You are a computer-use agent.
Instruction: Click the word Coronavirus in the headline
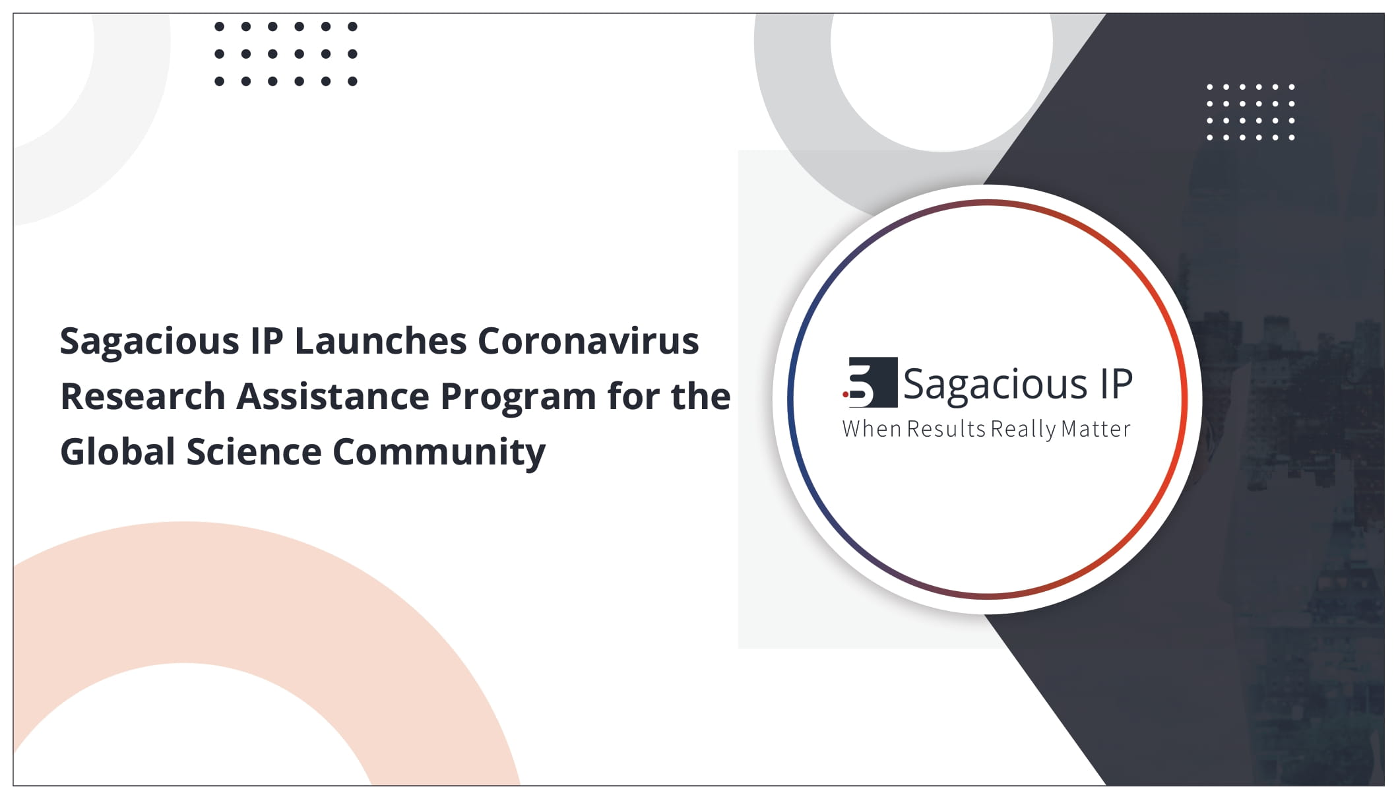pyautogui.click(x=588, y=341)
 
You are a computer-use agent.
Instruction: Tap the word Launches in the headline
pyautogui.click(x=381, y=341)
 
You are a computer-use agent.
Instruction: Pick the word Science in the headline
pyautogui.click(x=254, y=452)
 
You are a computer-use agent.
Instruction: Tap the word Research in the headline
pyautogui.click(x=143, y=397)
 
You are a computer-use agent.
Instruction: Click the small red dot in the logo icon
pyautogui.click(x=845, y=395)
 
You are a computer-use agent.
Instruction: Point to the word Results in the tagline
pyautogui.click(x=946, y=429)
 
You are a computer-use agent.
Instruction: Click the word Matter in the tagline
pyautogui.click(x=1096, y=429)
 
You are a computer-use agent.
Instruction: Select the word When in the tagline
pyautogui.click(x=872, y=429)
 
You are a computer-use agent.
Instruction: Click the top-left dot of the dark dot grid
pyautogui.click(x=220, y=27)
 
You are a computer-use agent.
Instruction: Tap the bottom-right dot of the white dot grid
pyautogui.click(x=1291, y=137)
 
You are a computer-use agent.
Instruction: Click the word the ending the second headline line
pyautogui.click(x=701, y=397)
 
